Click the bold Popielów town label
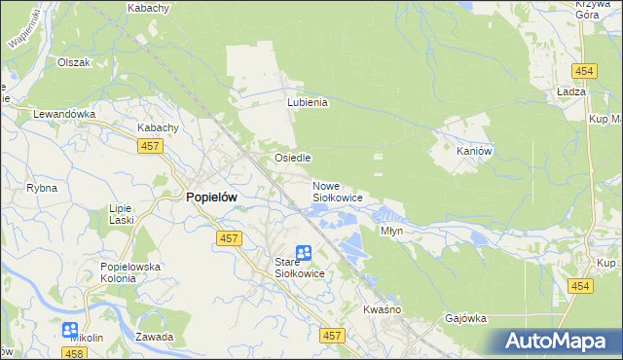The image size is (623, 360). (211, 196)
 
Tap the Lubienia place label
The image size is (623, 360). (308, 101)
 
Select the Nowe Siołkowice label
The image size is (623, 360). (337, 192)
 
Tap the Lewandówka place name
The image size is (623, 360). (64, 113)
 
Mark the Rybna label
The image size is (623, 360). (42, 188)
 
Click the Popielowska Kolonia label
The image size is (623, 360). (130, 271)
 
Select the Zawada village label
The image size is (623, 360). (155, 337)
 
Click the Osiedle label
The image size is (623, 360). (292, 157)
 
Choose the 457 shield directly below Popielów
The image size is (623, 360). (229, 239)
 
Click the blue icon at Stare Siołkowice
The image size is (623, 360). (304, 253)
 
